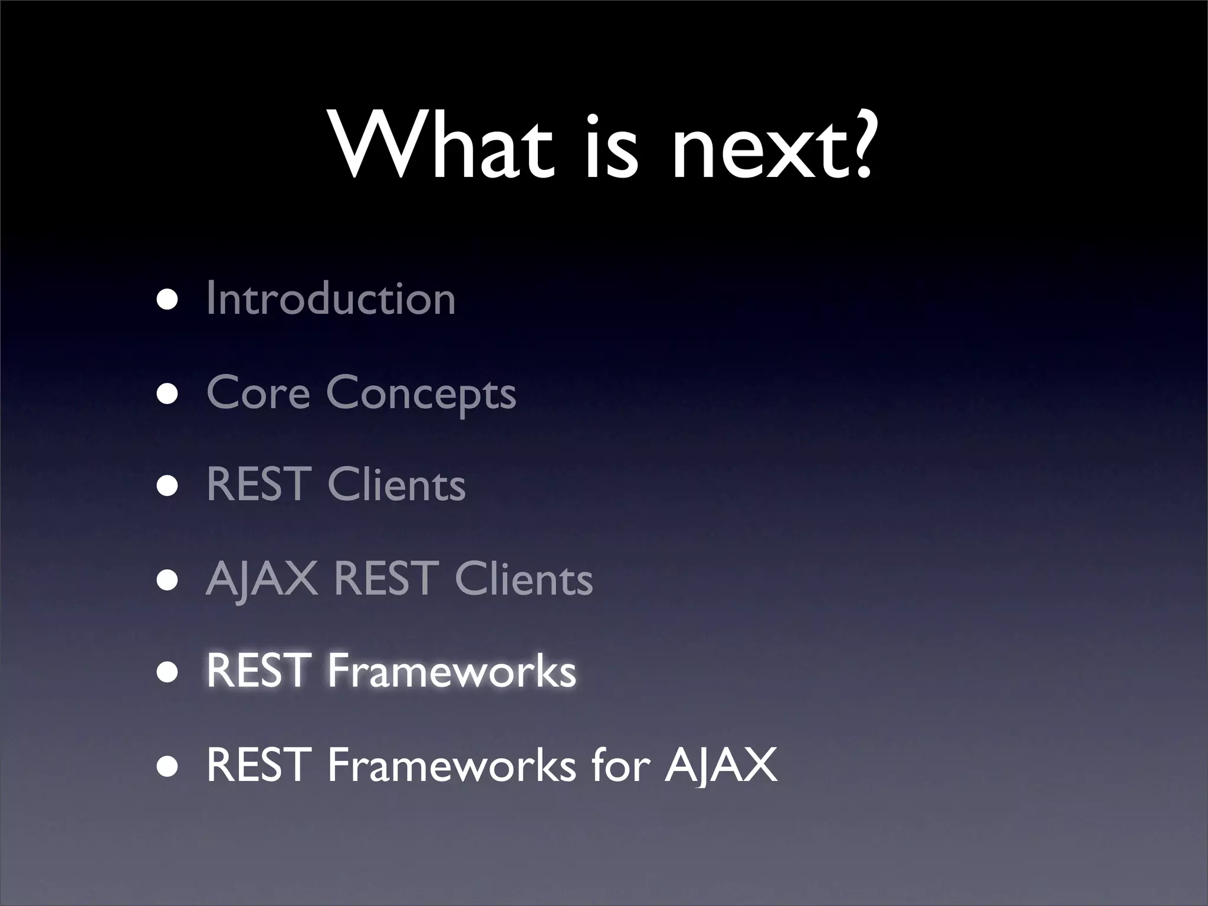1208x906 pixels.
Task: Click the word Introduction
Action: click(331, 298)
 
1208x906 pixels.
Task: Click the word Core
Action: click(258, 392)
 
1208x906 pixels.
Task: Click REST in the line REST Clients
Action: click(258, 484)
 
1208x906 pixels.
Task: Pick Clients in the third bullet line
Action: click(396, 484)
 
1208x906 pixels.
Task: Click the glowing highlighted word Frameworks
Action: click(451, 671)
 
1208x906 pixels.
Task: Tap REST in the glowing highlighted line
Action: click(258, 671)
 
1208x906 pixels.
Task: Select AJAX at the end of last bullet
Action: click(721, 764)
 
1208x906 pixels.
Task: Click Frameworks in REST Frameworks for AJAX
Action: click(451, 764)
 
